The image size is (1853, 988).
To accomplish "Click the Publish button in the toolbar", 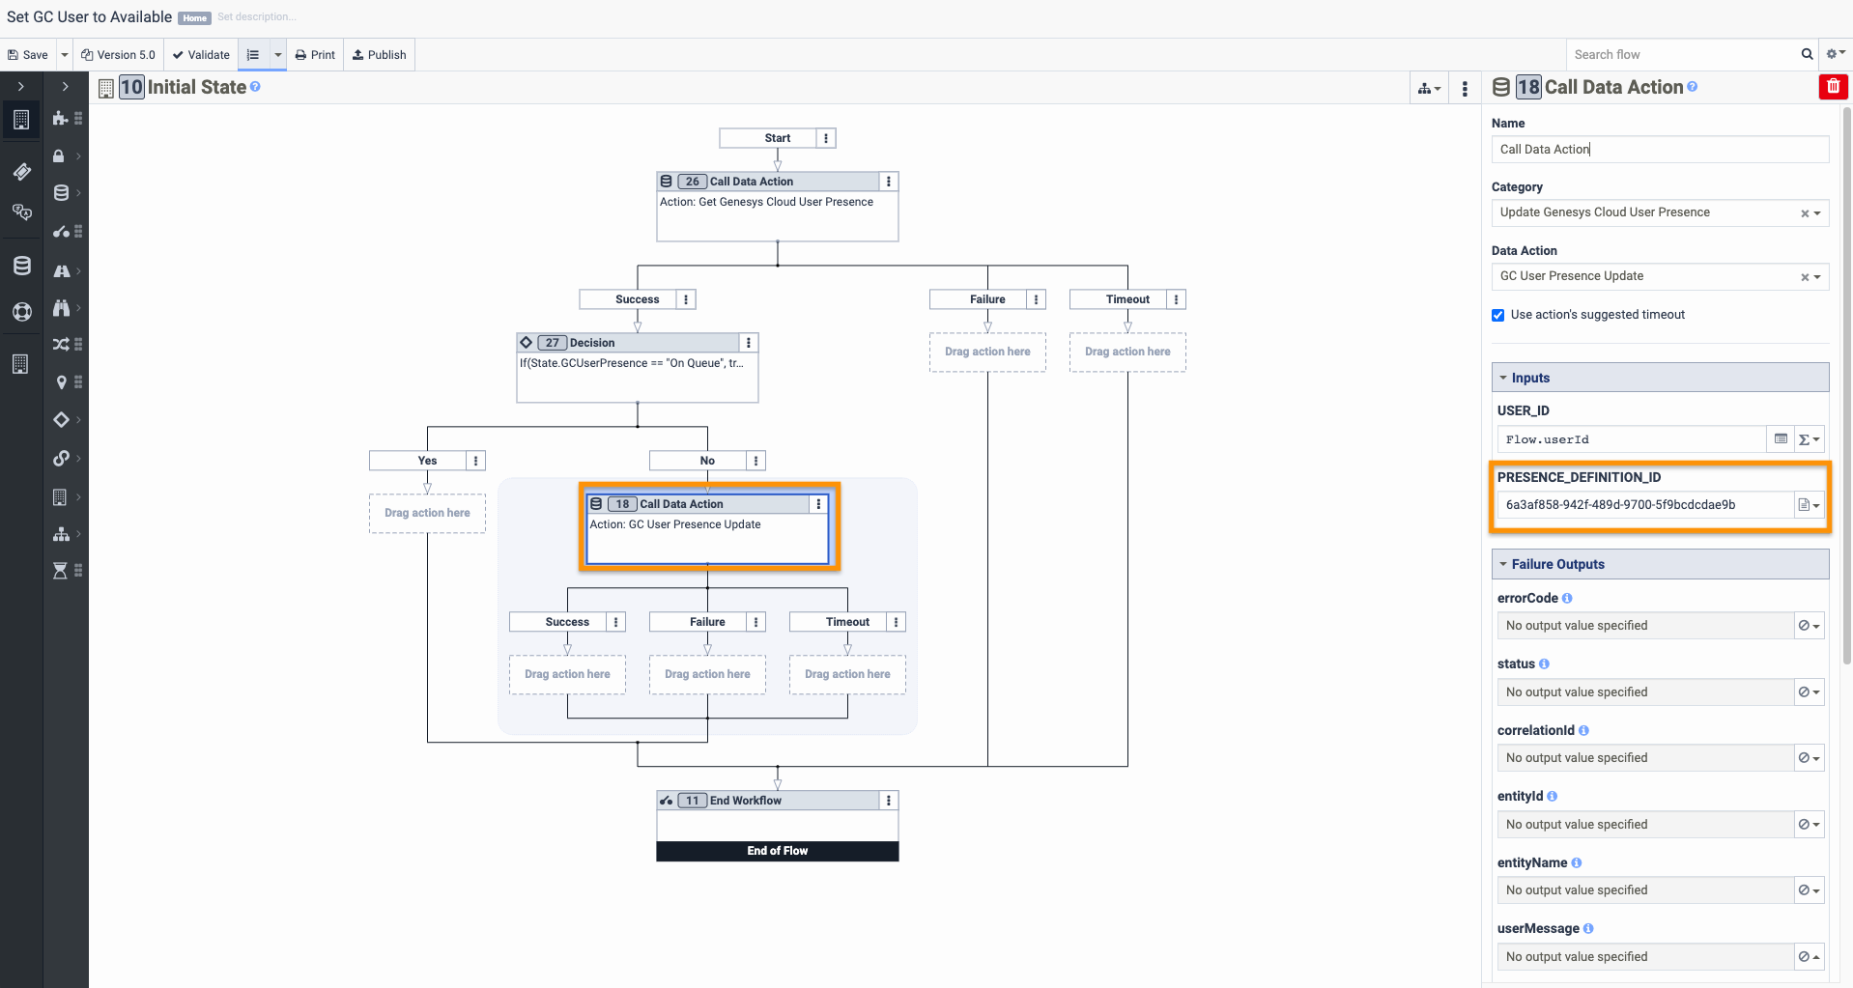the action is click(379, 55).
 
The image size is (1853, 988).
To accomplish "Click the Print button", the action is click(315, 55).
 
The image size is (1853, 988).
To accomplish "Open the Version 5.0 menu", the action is click(118, 55).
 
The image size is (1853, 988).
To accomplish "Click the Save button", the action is click(28, 55).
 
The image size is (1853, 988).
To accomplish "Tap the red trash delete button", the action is click(1833, 87).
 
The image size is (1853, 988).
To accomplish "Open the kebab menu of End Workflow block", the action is click(889, 801).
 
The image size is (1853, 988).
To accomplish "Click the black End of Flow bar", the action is click(778, 851).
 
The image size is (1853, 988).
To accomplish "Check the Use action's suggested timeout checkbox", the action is click(1498, 315).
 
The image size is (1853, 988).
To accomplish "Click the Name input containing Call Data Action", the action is click(1660, 150).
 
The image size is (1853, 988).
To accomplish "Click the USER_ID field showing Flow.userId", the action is click(1632, 439).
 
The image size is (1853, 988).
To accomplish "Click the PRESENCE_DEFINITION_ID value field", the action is click(1645, 505).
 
